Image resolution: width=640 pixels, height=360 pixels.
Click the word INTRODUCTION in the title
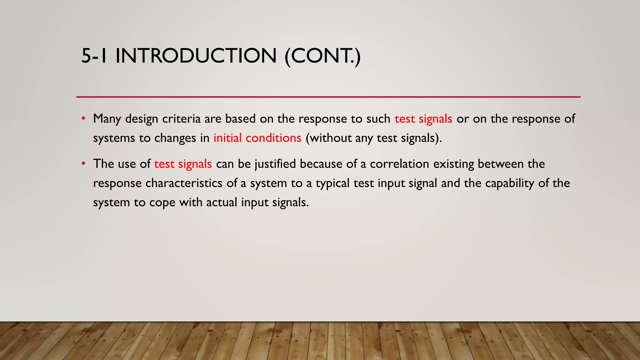click(196, 56)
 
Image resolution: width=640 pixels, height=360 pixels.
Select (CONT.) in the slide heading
click(322, 56)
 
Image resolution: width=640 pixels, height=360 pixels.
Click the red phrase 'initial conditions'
click(257, 138)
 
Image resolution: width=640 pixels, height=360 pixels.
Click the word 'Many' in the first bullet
click(107, 119)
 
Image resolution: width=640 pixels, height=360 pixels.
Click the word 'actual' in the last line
click(222, 202)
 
